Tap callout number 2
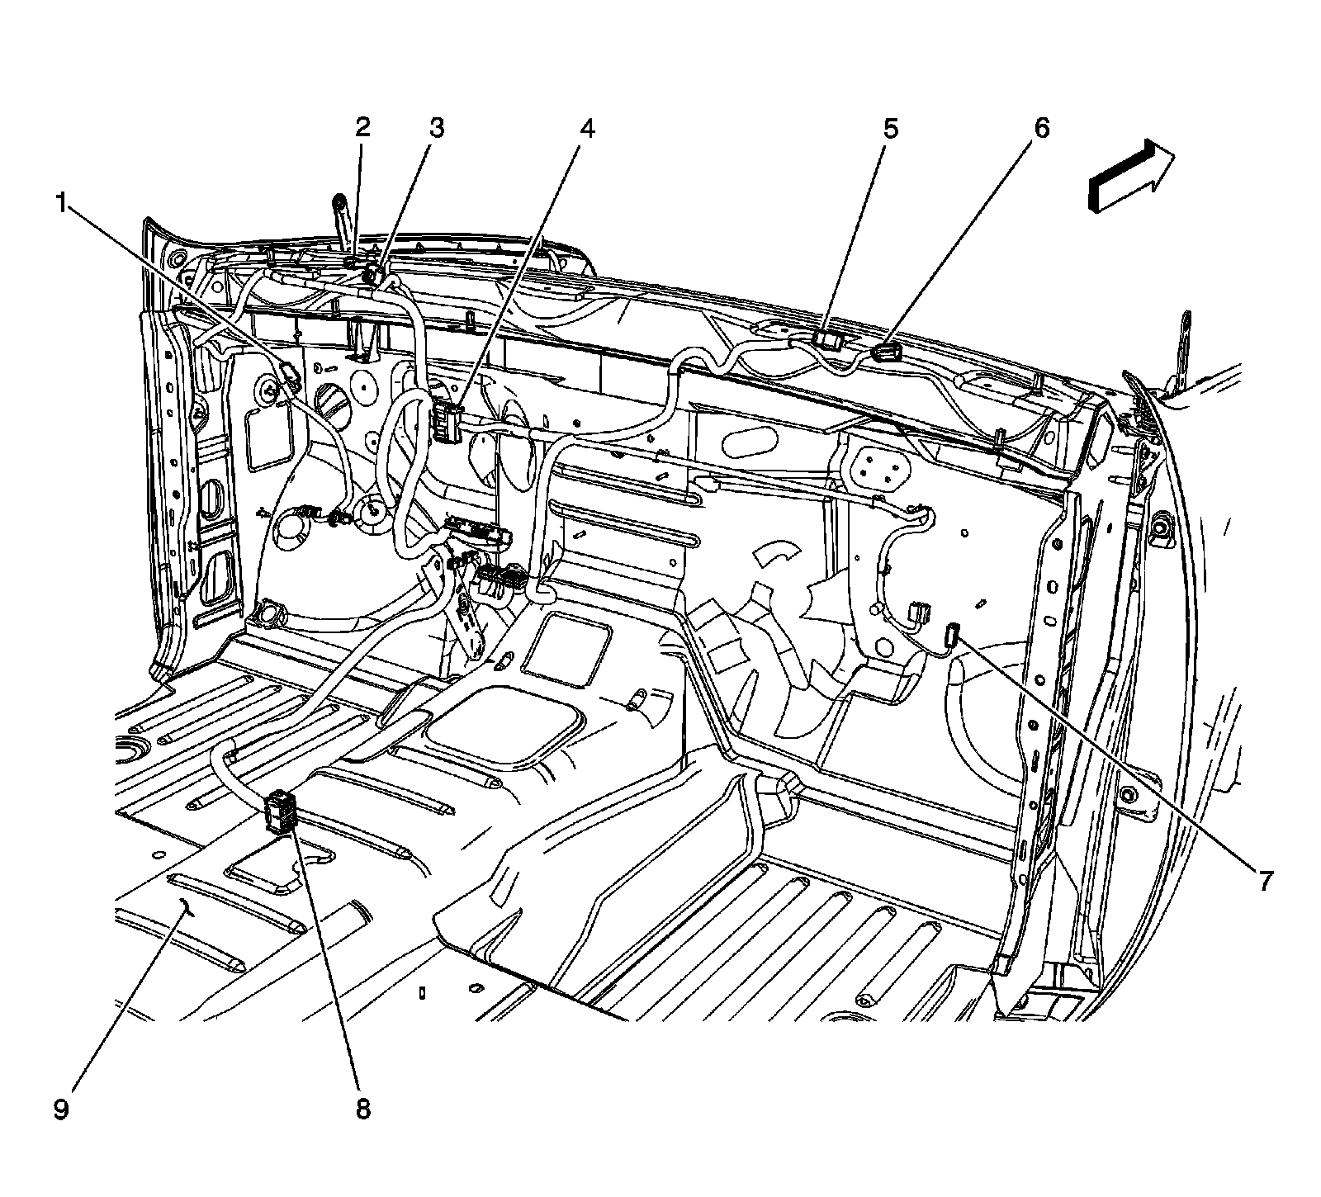click(x=362, y=128)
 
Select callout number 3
click(x=435, y=128)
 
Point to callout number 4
click(x=587, y=128)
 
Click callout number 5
click(x=890, y=128)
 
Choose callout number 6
click(x=1041, y=128)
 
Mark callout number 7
click(x=1264, y=881)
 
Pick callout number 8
click(x=363, y=1109)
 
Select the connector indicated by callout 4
click(x=447, y=422)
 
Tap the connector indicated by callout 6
click(x=885, y=355)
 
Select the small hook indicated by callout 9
click(x=188, y=909)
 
